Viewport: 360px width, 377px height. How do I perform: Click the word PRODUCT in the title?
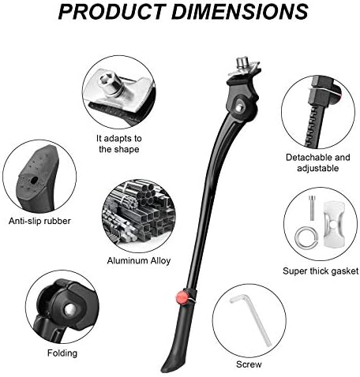click(112, 12)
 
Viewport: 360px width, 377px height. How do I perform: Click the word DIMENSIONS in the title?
click(240, 12)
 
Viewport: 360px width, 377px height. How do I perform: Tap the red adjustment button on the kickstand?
click(182, 297)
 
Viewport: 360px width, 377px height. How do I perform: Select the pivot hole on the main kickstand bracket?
click(238, 108)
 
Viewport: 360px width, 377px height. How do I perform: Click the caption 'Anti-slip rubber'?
click(39, 221)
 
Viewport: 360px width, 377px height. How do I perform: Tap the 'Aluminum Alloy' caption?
click(139, 260)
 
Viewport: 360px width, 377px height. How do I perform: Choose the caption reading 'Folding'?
click(62, 353)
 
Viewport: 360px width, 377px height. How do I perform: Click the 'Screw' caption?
click(249, 364)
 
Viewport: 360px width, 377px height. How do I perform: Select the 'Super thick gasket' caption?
click(321, 271)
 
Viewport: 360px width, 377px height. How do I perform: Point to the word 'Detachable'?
click(306, 157)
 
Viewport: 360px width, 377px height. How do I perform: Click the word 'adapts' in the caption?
click(116, 139)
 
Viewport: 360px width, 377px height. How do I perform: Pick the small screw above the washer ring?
click(312, 207)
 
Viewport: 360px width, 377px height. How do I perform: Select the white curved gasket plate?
click(333, 224)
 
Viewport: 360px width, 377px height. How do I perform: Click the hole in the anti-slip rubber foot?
click(34, 180)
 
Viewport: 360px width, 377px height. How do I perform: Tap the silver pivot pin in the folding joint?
click(69, 310)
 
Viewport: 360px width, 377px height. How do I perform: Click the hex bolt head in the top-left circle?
click(107, 79)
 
